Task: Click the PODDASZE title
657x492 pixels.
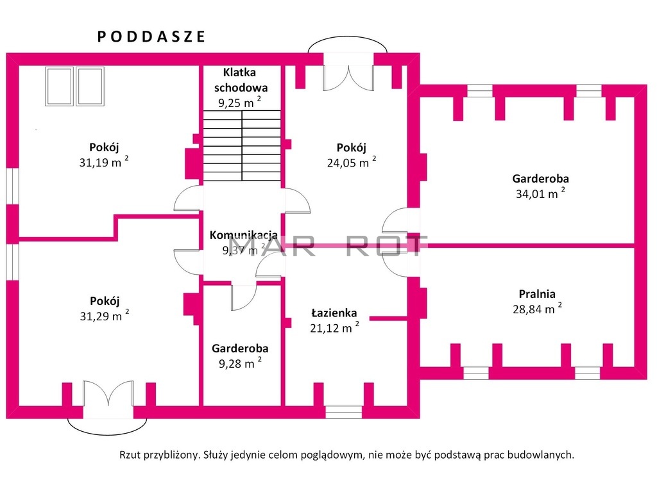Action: (x=151, y=37)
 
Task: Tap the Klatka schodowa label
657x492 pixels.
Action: (x=241, y=80)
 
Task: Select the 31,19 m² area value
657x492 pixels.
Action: (x=104, y=161)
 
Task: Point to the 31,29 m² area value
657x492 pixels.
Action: (x=105, y=315)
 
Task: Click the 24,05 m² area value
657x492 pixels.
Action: (x=352, y=162)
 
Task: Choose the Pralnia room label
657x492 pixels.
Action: (x=537, y=293)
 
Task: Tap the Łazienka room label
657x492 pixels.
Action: (x=334, y=313)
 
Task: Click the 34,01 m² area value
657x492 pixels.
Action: (x=540, y=193)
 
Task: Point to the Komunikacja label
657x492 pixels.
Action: (x=243, y=235)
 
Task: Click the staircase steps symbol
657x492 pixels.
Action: (x=242, y=145)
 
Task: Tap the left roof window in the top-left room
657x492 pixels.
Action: (x=60, y=86)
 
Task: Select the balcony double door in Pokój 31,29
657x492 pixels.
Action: (x=108, y=393)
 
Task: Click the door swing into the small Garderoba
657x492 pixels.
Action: (x=243, y=297)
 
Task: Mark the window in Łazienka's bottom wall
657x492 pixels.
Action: (x=344, y=412)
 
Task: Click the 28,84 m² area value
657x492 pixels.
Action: (x=537, y=309)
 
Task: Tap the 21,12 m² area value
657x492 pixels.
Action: (x=334, y=327)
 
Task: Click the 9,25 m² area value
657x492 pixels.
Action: (x=240, y=102)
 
